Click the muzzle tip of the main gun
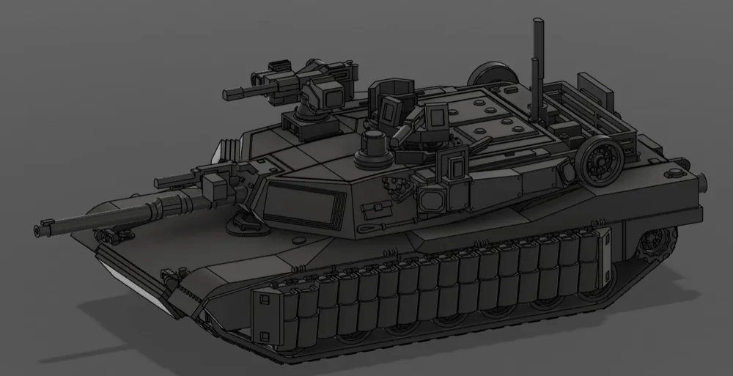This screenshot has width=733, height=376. point(37,230)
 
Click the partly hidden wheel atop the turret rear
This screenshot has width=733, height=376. point(485,73)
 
